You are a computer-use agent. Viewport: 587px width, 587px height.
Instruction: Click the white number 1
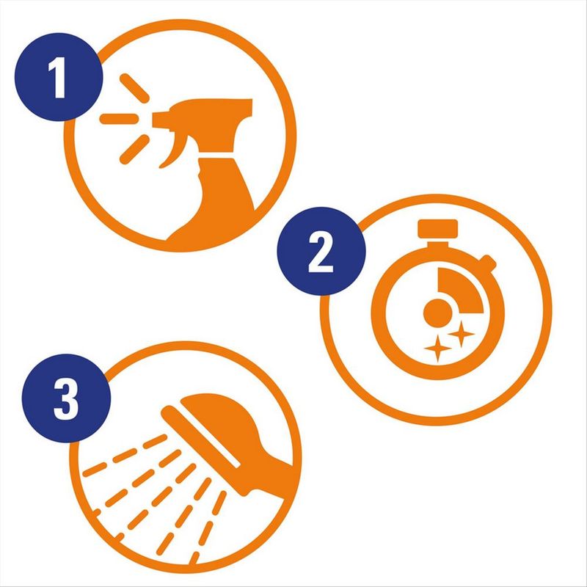click(58, 78)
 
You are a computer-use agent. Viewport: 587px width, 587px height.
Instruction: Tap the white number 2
click(321, 252)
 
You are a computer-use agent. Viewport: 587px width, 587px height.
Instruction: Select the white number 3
click(66, 399)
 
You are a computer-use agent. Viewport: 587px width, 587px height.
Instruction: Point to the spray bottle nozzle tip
click(154, 120)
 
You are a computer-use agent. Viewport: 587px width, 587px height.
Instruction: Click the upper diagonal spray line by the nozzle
click(134, 88)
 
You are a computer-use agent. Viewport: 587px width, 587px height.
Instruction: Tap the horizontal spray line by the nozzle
click(119, 119)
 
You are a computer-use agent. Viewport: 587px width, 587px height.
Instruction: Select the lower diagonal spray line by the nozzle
click(134, 150)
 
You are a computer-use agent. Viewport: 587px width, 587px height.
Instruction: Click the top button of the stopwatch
click(437, 228)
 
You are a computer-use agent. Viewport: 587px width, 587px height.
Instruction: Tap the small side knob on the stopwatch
click(488, 263)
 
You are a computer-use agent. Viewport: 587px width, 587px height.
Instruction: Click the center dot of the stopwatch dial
click(437, 313)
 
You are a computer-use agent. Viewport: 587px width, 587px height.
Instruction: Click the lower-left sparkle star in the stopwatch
click(437, 349)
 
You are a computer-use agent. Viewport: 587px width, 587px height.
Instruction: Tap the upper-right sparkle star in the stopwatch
click(462, 334)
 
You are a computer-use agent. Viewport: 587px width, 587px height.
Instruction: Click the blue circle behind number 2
click(321, 251)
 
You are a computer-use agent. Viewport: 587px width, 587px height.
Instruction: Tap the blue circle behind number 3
click(66, 398)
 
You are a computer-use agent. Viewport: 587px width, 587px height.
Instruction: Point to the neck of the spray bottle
click(216, 155)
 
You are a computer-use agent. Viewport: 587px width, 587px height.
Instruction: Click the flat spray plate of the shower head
click(200, 437)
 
